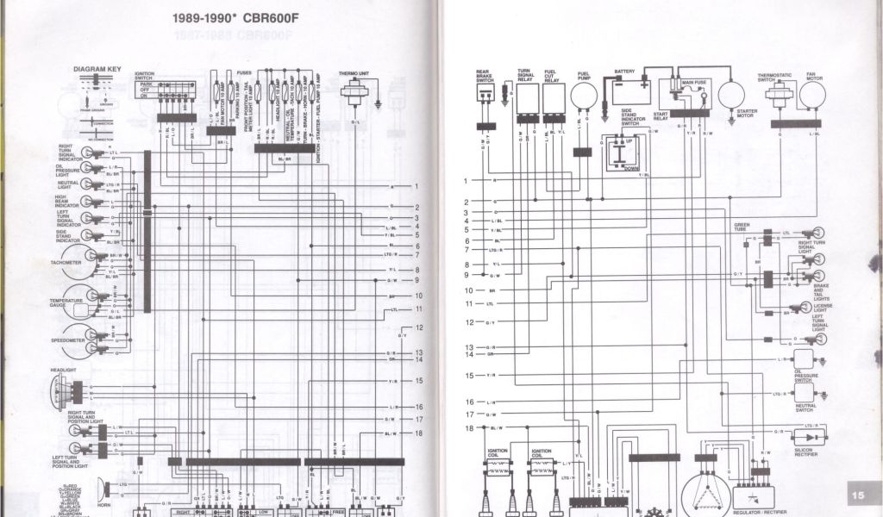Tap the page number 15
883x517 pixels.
(x=858, y=495)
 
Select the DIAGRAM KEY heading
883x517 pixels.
(x=97, y=69)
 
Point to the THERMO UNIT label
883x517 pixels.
(x=354, y=74)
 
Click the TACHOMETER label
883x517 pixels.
(x=66, y=262)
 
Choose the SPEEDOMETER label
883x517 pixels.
(x=68, y=341)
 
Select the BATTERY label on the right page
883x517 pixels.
(x=624, y=72)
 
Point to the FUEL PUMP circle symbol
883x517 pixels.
(x=584, y=95)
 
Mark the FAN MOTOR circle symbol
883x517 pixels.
(x=811, y=94)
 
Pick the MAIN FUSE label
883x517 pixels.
(x=694, y=83)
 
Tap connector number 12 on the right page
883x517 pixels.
(x=470, y=322)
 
